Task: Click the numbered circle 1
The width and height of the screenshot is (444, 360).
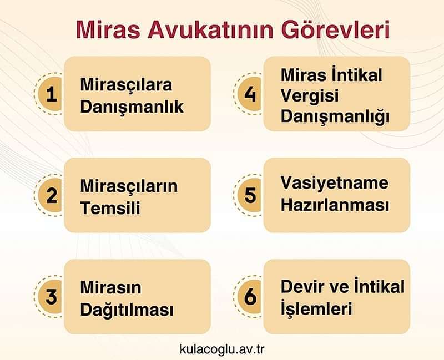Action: click(52, 94)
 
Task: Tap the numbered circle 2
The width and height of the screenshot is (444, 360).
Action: click(52, 195)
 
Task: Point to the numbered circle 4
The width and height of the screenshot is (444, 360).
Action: click(251, 94)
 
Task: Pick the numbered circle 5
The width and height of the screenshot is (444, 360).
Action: click(251, 195)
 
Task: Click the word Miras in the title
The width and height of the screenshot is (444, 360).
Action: click(104, 31)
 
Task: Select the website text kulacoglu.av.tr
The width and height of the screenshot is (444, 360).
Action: click(221, 349)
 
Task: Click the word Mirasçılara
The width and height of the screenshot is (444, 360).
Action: click(126, 85)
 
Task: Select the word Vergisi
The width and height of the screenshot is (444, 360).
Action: click(309, 96)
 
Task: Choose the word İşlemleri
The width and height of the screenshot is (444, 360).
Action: click(316, 307)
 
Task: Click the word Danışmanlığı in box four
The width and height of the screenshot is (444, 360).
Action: click(335, 117)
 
